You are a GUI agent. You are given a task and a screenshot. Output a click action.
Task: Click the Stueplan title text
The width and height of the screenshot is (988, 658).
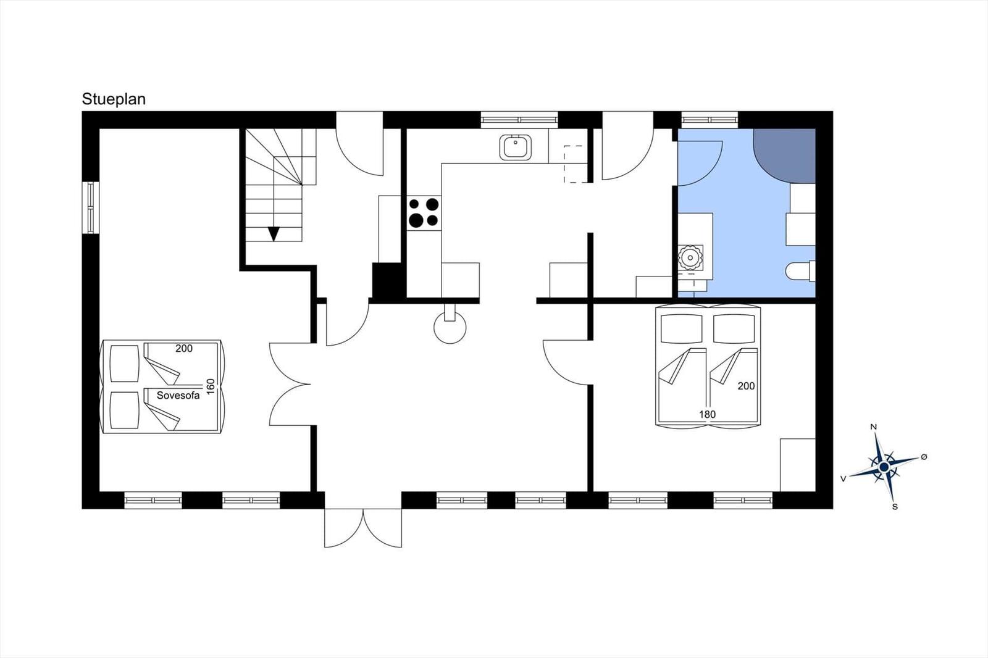(x=114, y=99)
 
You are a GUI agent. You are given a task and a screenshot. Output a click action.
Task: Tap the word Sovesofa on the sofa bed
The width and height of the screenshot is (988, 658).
(x=178, y=396)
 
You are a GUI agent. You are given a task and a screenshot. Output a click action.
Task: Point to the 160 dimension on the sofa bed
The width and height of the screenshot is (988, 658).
(x=211, y=386)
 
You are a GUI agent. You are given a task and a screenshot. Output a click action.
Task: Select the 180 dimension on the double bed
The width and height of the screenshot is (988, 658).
(x=708, y=415)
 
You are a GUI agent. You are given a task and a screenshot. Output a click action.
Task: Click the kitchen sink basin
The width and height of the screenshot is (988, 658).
(x=515, y=148)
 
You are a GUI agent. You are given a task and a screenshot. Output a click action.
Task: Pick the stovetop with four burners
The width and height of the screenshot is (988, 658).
(x=424, y=212)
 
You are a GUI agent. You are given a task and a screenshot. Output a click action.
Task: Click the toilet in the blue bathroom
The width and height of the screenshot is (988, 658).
(x=800, y=271)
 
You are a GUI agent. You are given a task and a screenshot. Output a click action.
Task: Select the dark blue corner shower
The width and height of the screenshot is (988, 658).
(x=784, y=156)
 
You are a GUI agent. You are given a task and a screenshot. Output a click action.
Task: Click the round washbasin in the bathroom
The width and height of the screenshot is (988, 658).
(x=690, y=257)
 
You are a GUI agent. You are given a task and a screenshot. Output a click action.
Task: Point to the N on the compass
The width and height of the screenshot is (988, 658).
(x=873, y=427)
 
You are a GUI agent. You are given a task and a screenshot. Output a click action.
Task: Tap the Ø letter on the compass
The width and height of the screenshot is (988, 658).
(x=924, y=457)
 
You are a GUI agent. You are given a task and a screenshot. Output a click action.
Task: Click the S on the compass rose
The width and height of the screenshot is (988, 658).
(x=895, y=507)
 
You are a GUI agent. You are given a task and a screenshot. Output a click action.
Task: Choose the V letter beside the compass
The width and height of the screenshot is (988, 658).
(x=844, y=479)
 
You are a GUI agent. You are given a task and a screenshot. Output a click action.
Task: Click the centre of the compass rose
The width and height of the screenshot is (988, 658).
(x=884, y=467)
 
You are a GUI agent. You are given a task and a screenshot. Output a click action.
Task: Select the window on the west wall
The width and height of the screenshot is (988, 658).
(x=90, y=208)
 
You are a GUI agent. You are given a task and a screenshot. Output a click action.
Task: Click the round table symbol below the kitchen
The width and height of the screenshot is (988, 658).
(x=450, y=327)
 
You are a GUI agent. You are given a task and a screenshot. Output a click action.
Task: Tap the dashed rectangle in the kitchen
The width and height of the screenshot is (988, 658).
(x=576, y=164)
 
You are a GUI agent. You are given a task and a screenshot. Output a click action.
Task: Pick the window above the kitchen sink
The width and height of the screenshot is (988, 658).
(x=519, y=120)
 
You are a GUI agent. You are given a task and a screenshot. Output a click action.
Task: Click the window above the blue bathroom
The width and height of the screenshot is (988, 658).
(x=710, y=120)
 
